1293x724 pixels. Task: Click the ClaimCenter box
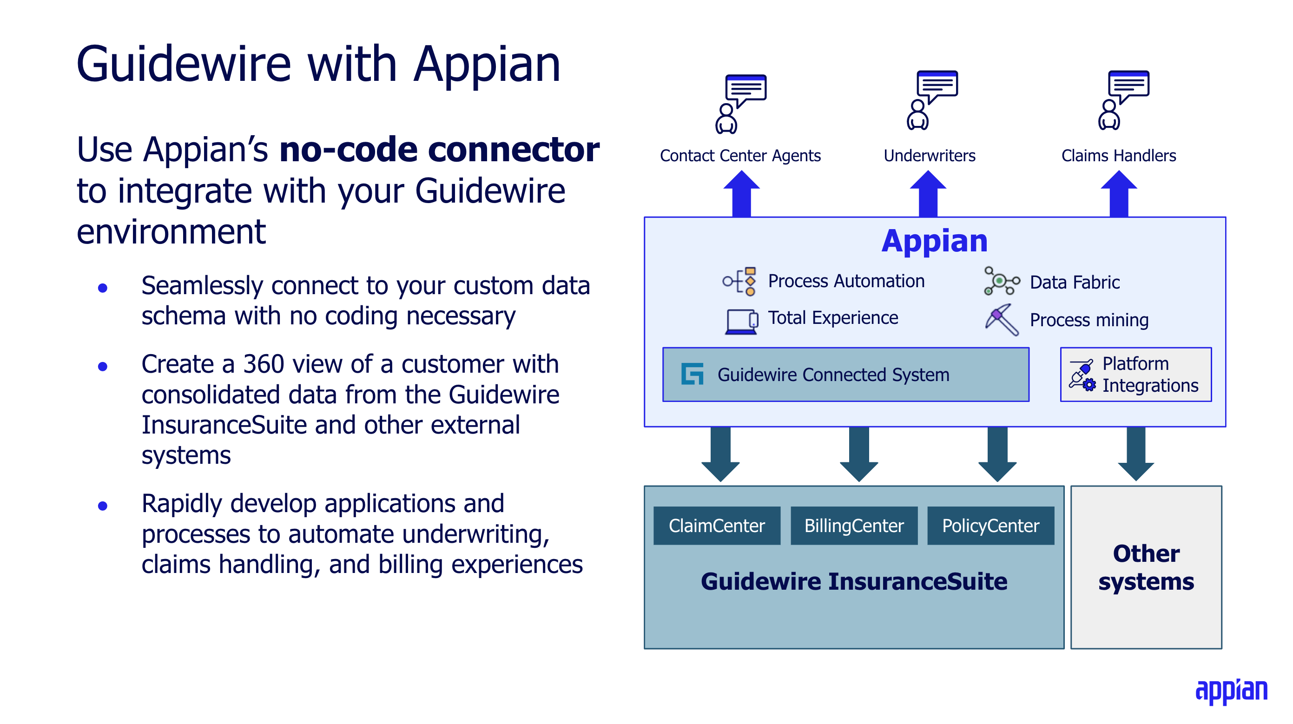(716, 525)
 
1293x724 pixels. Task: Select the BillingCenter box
(853, 525)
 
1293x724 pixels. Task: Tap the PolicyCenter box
(990, 525)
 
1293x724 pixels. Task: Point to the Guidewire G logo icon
(692, 374)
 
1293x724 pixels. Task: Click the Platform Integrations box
(1135, 374)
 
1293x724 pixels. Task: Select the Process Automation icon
(739, 281)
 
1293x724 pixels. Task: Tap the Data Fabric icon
(1001, 281)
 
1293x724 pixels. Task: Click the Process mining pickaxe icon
(1001, 319)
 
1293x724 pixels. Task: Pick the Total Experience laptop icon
(741, 321)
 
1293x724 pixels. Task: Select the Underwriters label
(929, 156)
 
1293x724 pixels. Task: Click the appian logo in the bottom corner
(1231, 691)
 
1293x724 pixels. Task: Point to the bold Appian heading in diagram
(934, 241)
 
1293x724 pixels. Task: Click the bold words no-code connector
(439, 150)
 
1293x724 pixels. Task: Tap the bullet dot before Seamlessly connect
(103, 288)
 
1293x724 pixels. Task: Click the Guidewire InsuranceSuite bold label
(853, 581)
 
